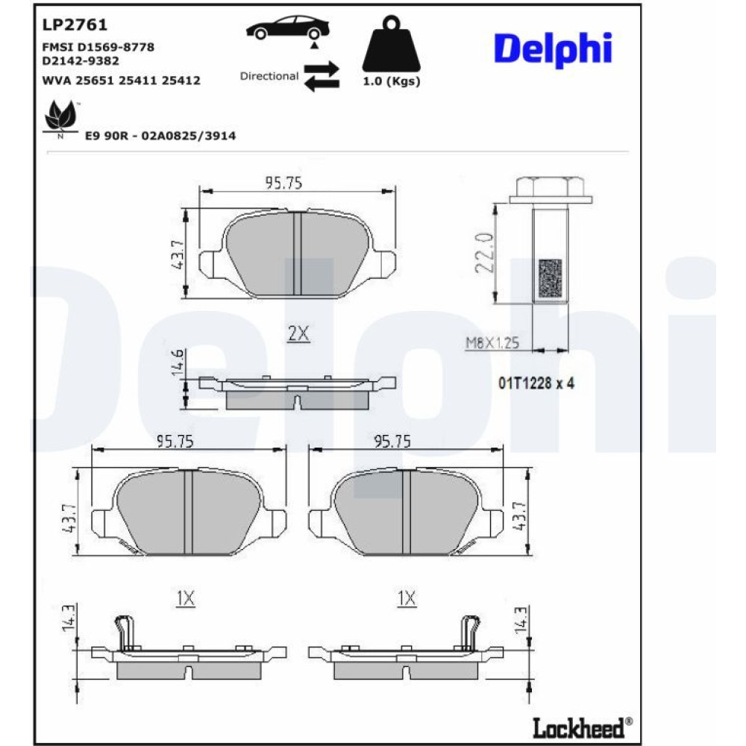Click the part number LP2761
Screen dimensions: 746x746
[75, 25]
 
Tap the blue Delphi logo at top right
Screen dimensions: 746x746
[553, 49]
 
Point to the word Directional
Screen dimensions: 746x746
[269, 76]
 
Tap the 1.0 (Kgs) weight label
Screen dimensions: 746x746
[392, 81]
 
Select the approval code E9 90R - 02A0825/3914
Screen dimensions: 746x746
[160, 136]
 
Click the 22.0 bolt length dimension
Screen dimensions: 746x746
[485, 253]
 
